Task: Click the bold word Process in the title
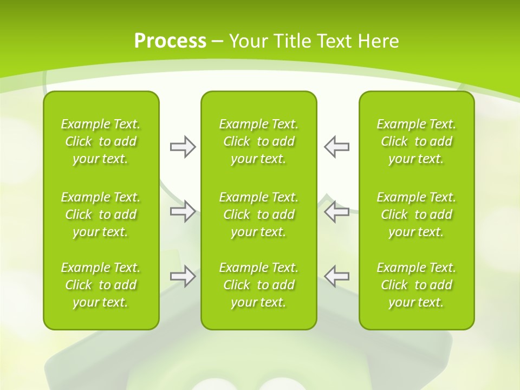pyautogui.click(x=170, y=41)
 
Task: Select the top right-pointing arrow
pyautogui.click(x=183, y=147)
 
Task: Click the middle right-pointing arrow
pyautogui.click(x=183, y=211)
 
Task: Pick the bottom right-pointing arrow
pyautogui.click(x=183, y=276)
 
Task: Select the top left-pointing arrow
pyautogui.click(x=336, y=147)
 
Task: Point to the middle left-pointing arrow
pyautogui.click(x=336, y=211)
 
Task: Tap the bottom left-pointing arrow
pyautogui.click(x=336, y=276)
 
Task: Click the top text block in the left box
pyautogui.click(x=101, y=141)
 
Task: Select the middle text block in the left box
pyautogui.click(x=101, y=214)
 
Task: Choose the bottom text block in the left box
pyautogui.click(x=101, y=285)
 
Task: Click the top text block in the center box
pyautogui.click(x=259, y=141)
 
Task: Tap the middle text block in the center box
pyautogui.click(x=259, y=214)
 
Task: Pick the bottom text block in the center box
pyautogui.click(x=259, y=285)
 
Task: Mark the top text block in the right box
pyautogui.click(x=417, y=141)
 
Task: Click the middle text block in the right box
pyautogui.click(x=417, y=214)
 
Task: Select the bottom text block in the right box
pyautogui.click(x=417, y=285)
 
